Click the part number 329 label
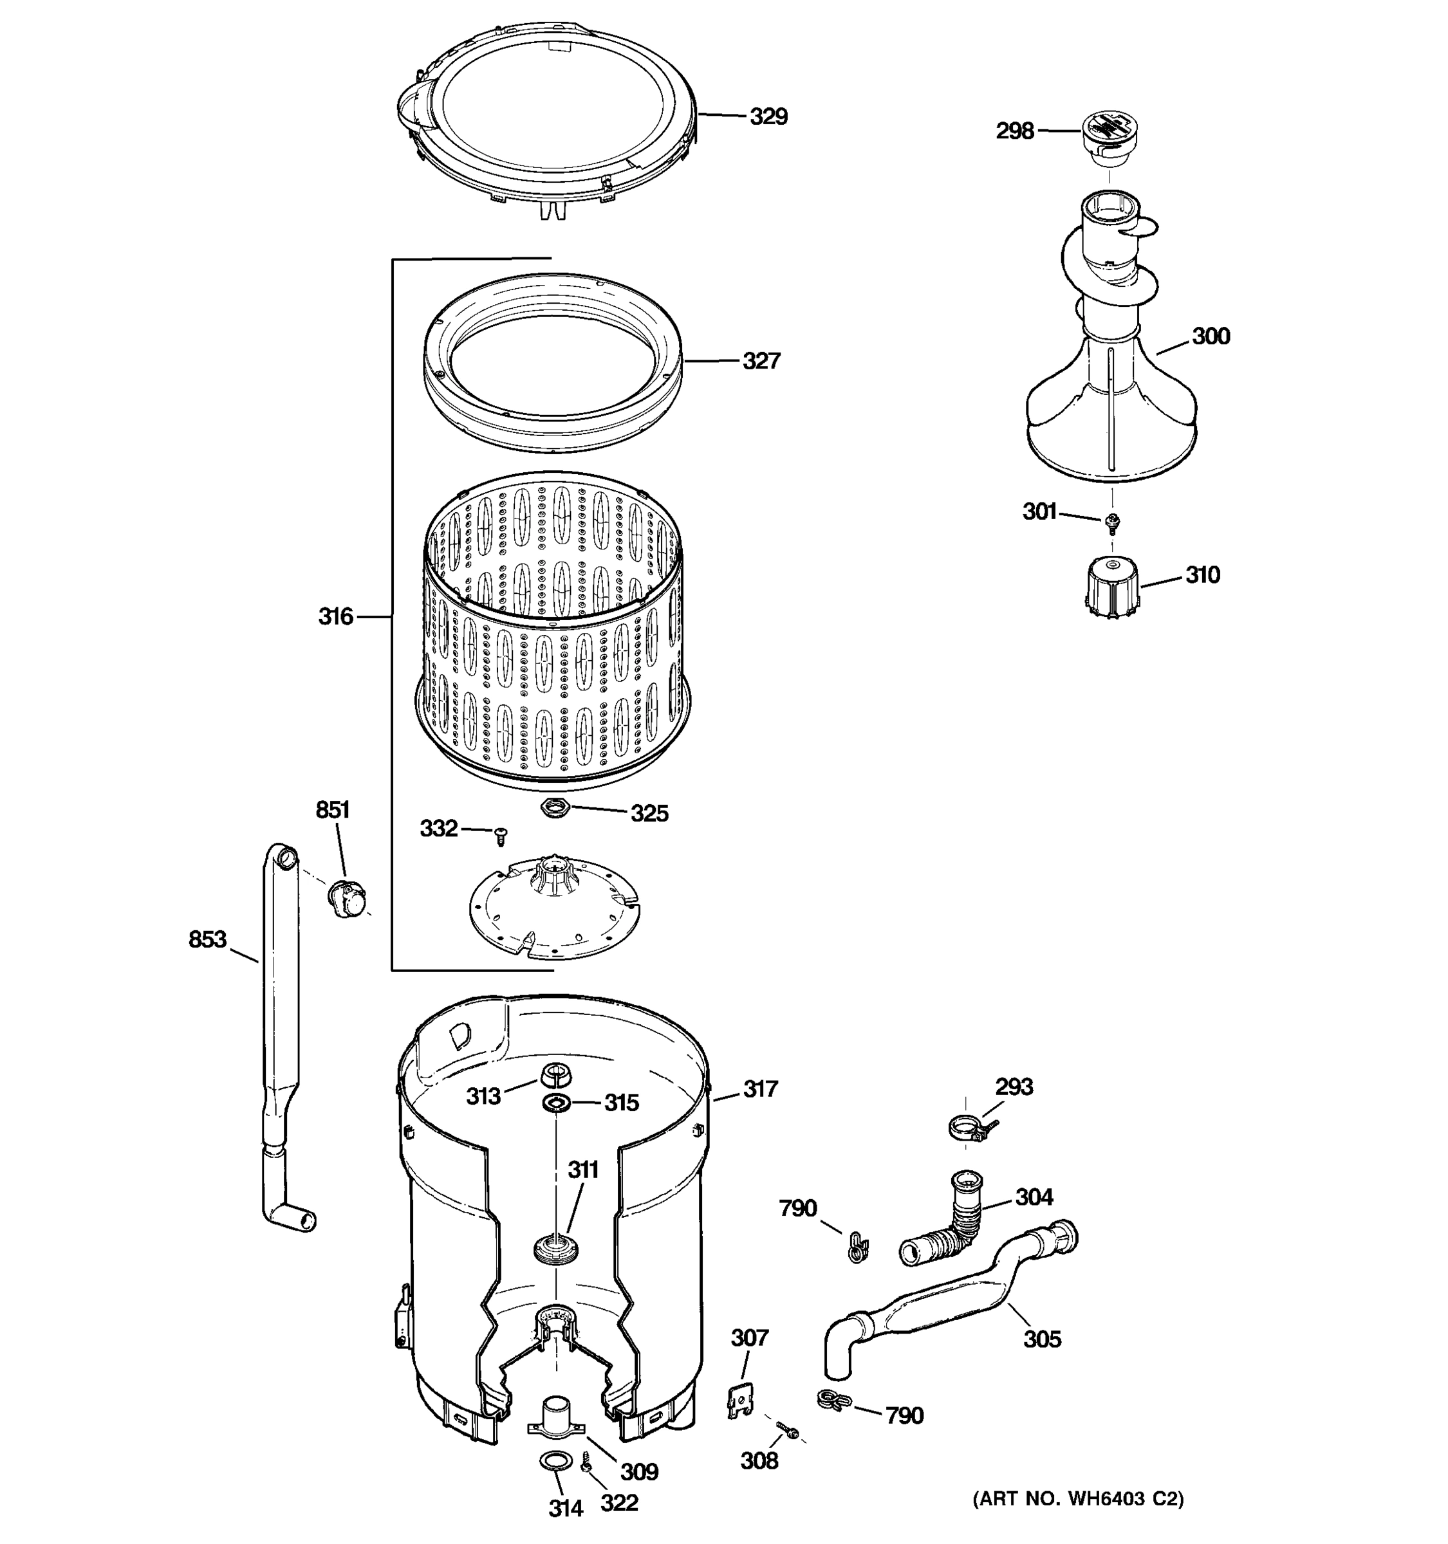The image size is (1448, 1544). [768, 116]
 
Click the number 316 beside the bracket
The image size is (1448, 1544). [335, 617]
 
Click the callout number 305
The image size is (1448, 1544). [1041, 1339]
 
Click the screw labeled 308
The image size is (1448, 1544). [787, 1431]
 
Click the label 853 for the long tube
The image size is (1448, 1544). [207, 940]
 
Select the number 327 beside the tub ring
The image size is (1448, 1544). [761, 361]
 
